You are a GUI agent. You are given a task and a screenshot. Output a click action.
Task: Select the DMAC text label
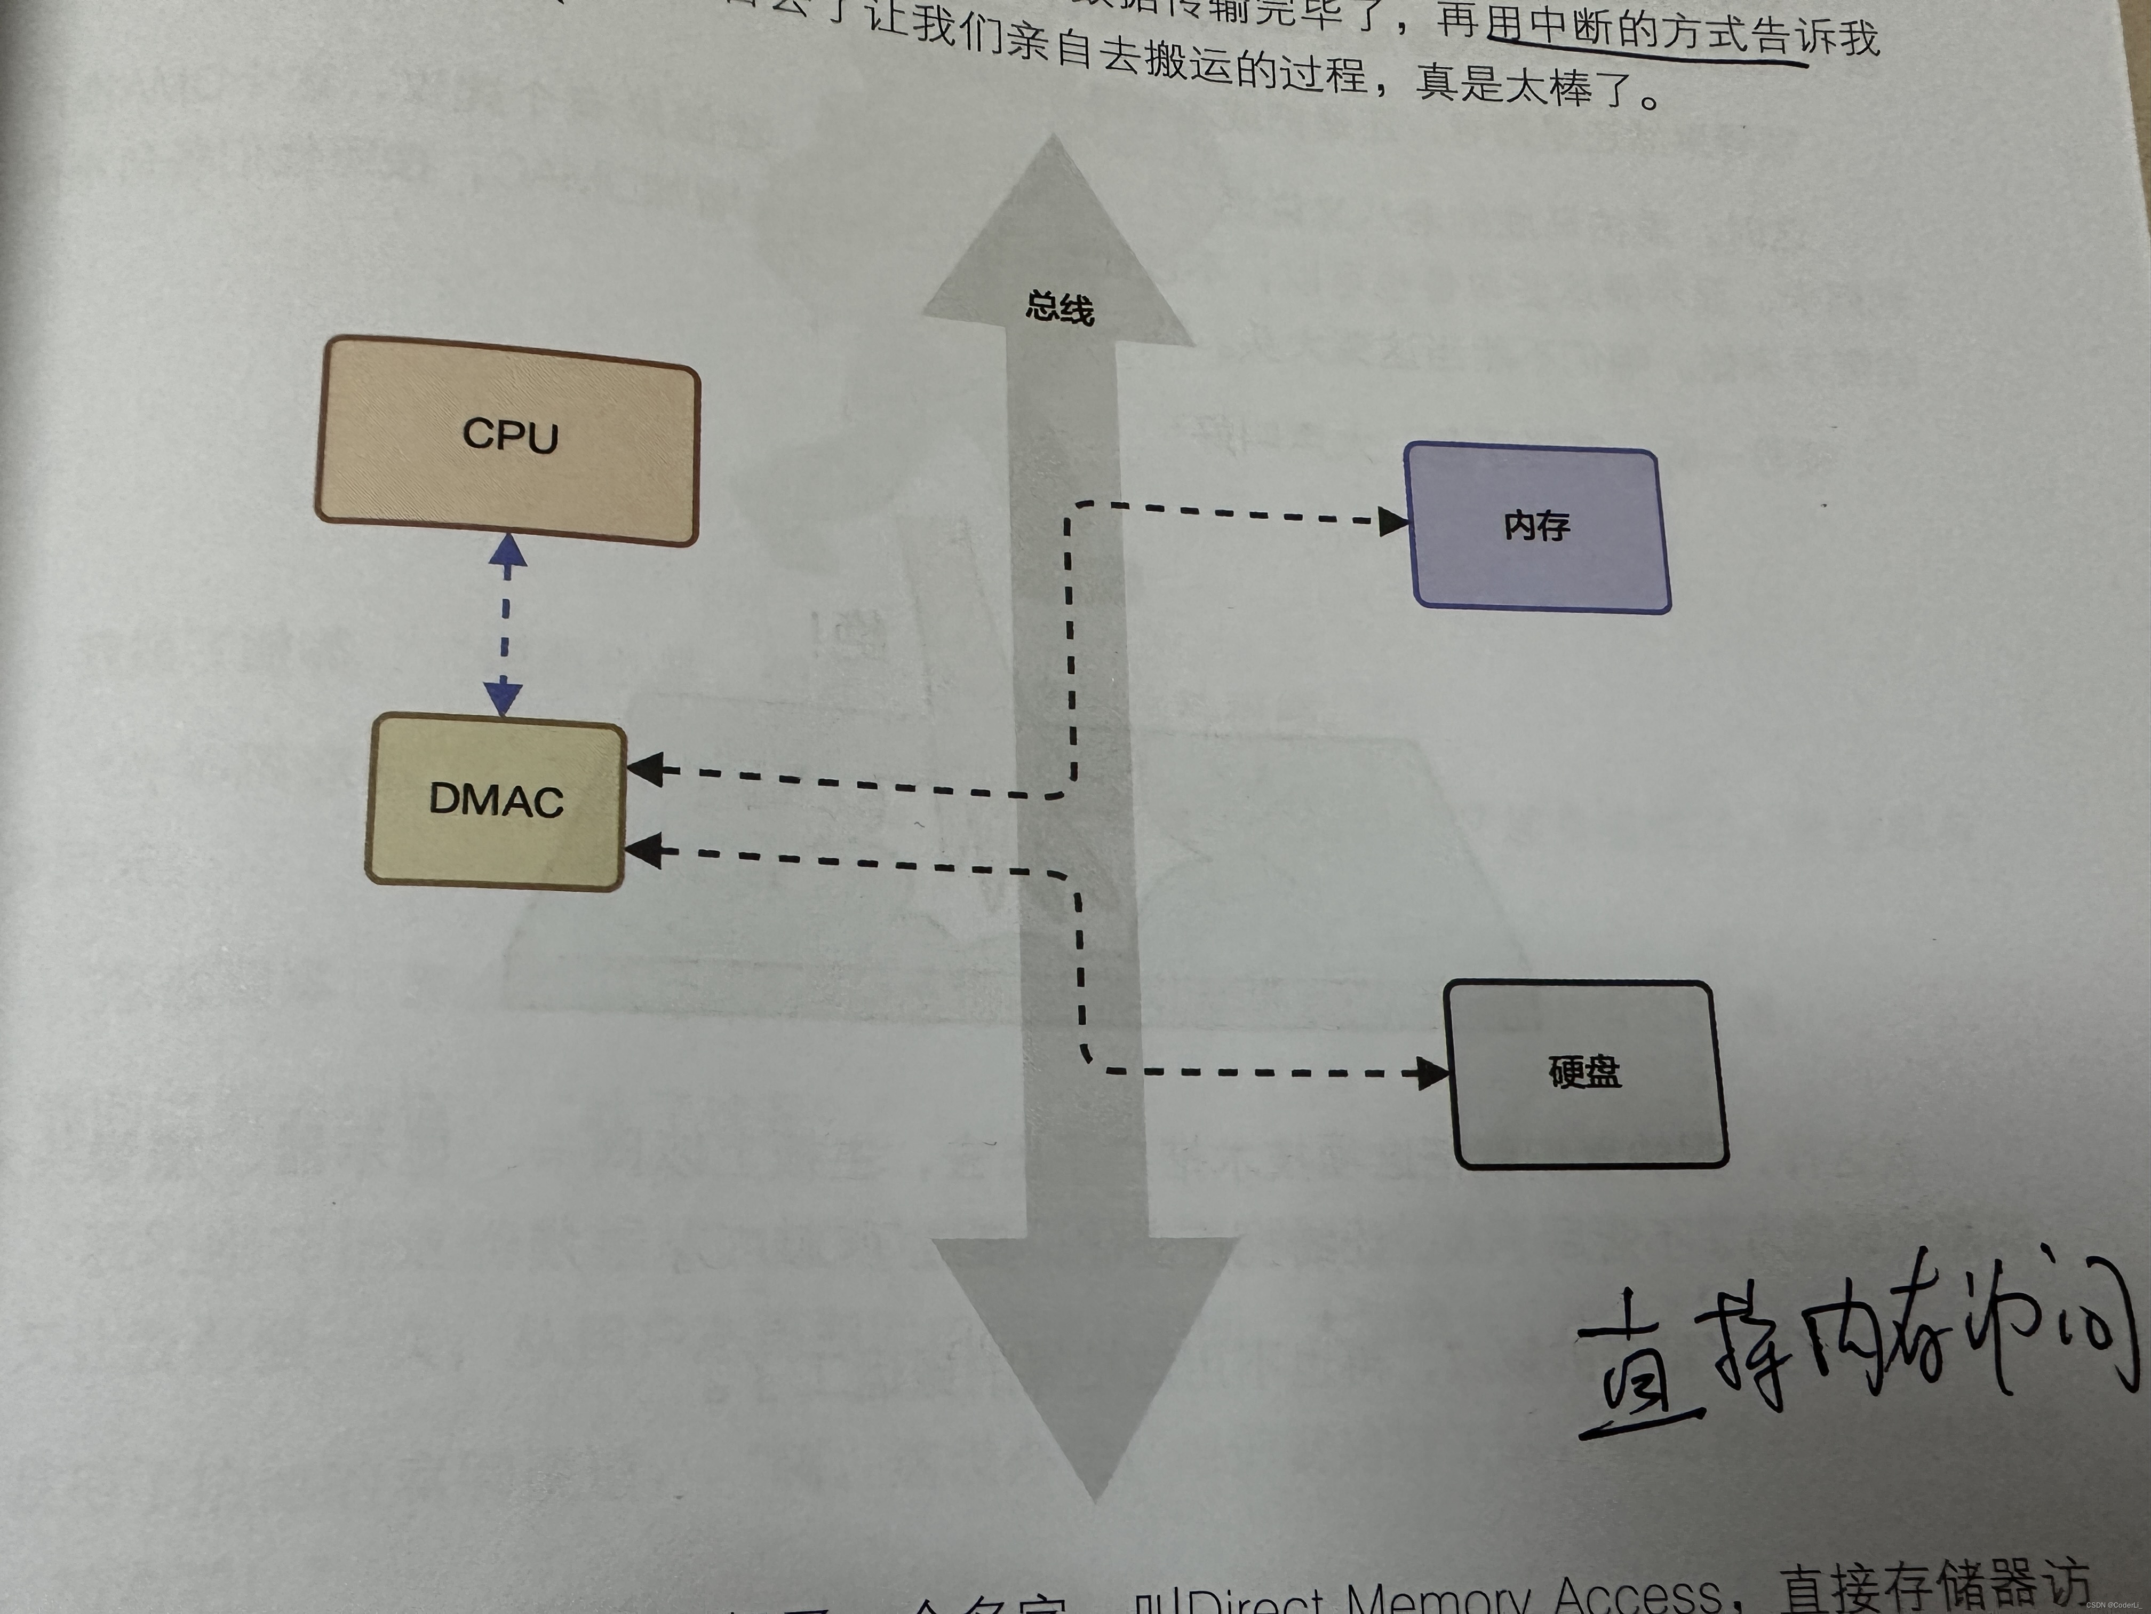(496, 801)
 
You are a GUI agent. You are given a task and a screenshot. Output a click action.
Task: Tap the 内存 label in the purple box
(1536, 526)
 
